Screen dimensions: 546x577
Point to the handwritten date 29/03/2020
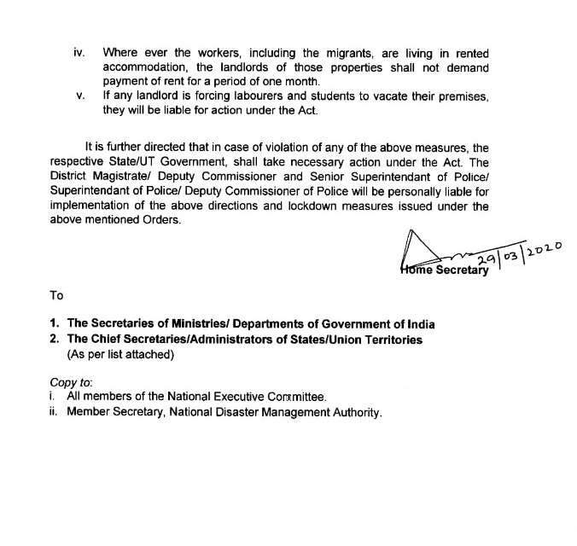tap(519, 256)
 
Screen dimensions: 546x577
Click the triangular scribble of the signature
tap(417, 248)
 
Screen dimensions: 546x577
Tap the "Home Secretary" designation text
tap(445, 270)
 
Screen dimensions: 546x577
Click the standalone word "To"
tap(57, 295)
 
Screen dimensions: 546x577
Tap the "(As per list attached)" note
tap(120, 355)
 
